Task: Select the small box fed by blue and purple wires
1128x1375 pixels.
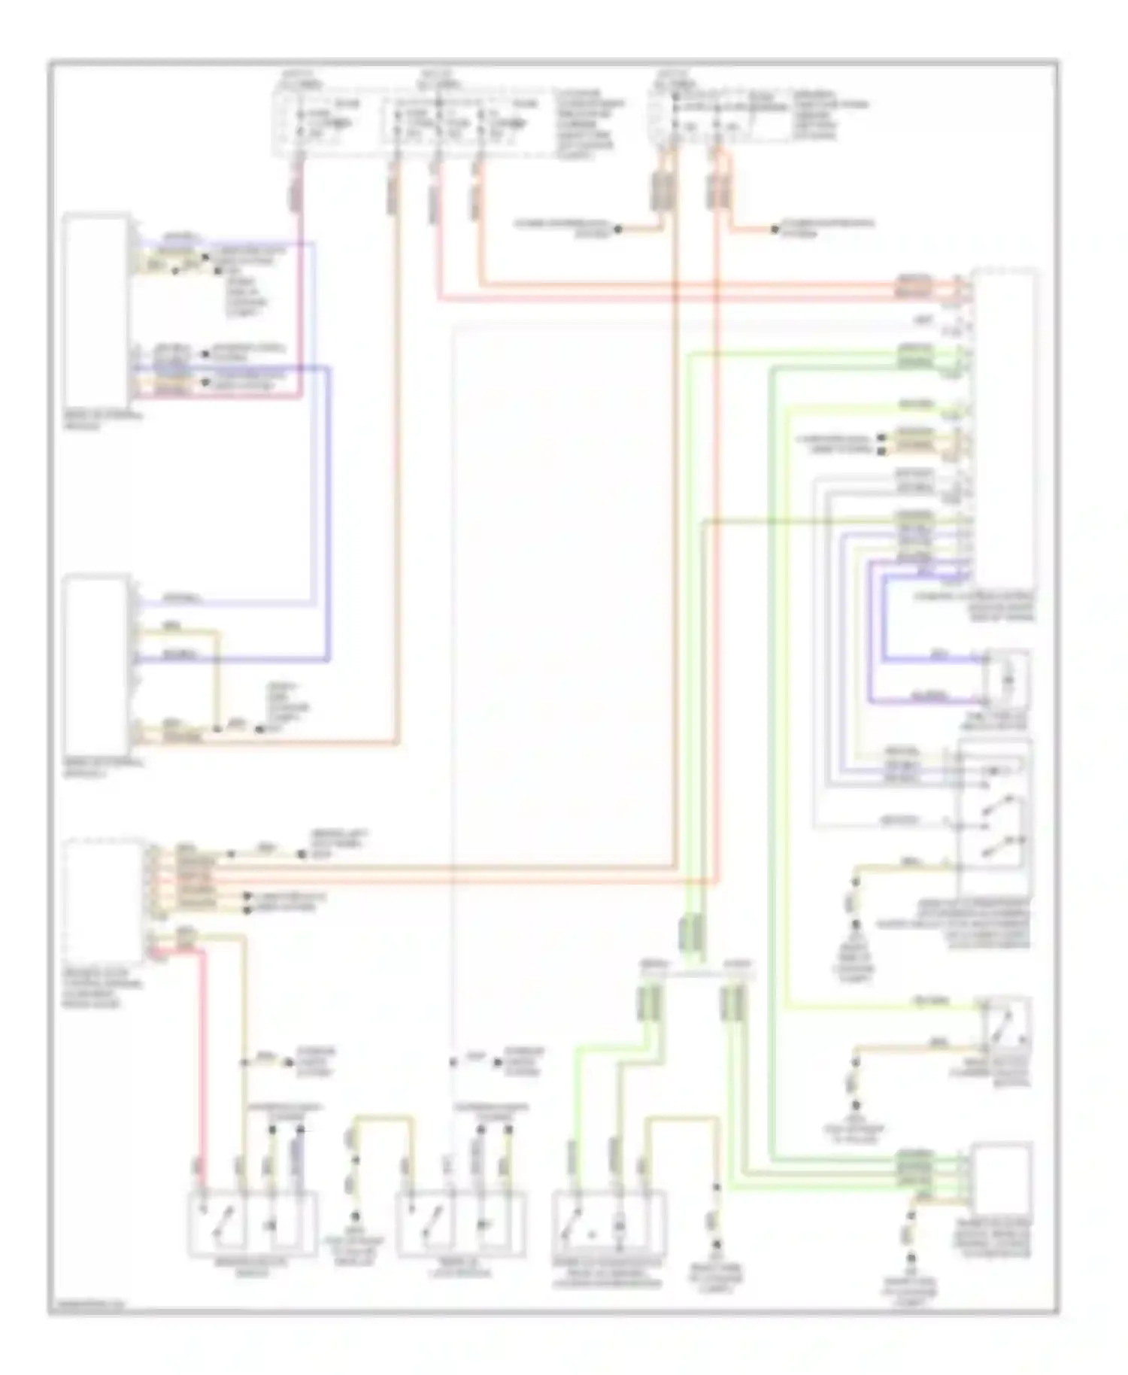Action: click(1006, 679)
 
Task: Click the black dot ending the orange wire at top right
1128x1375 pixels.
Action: click(775, 229)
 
